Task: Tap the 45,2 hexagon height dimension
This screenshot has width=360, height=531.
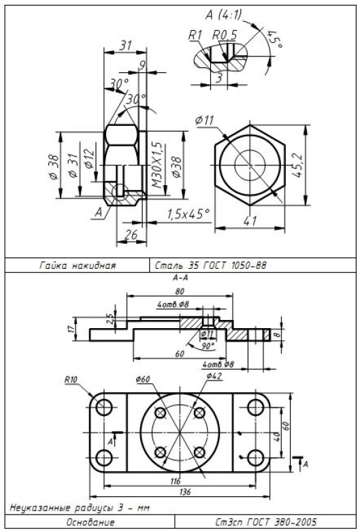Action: click(x=297, y=165)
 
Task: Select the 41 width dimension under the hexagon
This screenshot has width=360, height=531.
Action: click(x=250, y=221)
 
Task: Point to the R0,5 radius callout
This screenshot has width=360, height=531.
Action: click(x=225, y=35)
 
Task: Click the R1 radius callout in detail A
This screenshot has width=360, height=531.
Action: click(x=195, y=35)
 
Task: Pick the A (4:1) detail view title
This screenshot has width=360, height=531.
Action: click(x=224, y=15)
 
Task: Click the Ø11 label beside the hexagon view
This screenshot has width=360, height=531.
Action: click(x=205, y=120)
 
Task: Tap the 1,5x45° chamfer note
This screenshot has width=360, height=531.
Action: click(x=189, y=214)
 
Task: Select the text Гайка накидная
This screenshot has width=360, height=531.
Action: click(x=78, y=265)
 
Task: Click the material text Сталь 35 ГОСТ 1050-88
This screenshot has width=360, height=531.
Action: click(x=211, y=265)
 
